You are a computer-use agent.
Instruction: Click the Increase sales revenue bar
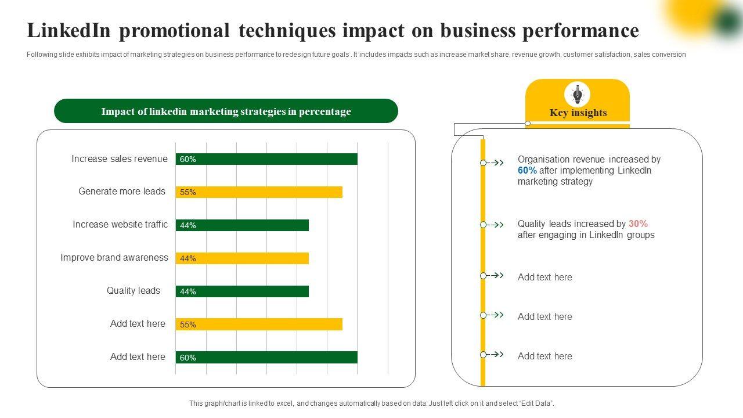266,159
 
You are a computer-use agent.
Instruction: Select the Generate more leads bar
259,192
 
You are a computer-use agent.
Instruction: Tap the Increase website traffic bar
242,225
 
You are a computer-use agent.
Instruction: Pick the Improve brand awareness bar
242,258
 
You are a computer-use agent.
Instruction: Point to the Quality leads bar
242,291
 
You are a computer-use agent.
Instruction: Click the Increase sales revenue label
120,159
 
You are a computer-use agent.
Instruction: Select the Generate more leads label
122,192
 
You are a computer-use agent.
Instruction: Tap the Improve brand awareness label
114,258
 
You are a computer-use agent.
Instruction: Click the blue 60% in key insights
527,171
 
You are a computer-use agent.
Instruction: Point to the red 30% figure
638,224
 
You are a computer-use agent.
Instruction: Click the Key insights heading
578,113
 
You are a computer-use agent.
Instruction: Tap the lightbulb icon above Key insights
578,94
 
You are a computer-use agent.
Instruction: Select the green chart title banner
226,111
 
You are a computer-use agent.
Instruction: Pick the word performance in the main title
589,31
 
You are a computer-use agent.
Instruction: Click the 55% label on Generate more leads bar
188,193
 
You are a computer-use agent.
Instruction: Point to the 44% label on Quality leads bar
188,292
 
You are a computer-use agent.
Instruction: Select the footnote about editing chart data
371,403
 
